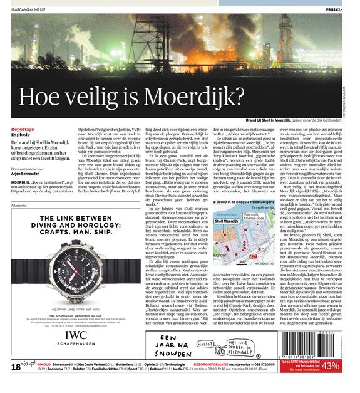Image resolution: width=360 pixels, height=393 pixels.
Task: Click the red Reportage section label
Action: [23, 129]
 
